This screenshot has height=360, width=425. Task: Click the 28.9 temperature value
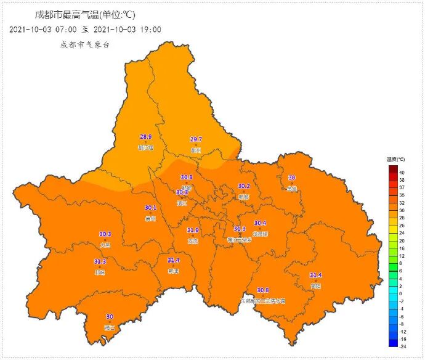[146, 137]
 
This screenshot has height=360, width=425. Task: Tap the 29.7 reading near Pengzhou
[196, 140]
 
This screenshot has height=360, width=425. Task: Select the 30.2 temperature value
[244, 186]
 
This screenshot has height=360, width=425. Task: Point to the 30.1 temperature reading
[150, 208]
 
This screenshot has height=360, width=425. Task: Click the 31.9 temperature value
[193, 231]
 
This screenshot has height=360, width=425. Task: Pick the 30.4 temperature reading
[260, 223]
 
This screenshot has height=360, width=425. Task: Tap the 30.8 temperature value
[263, 290]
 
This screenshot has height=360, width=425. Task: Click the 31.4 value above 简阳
[315, 276]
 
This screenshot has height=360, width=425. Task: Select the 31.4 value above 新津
[174, 261]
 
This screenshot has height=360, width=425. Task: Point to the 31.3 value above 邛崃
[100, 262]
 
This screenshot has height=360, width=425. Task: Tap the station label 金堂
[292, 188]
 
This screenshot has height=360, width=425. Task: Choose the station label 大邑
[105, 245]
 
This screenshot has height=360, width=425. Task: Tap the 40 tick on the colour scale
[402, 172]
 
